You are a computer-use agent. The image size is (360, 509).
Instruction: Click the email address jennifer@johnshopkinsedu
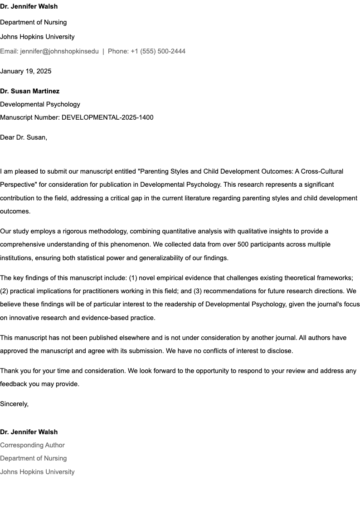[59, 51]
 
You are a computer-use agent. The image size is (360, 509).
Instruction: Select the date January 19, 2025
[26, 71]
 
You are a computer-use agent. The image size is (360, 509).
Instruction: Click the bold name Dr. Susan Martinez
[30, 91]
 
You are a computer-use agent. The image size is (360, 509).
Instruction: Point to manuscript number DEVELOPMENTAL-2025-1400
[107, 117]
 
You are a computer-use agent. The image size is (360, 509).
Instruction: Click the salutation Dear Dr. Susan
[24, 137]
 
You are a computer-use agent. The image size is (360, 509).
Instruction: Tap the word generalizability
[155, 258]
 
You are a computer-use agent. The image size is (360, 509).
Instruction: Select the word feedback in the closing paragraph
[14, 384]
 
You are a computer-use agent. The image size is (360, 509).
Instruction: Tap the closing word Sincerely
[14, 404]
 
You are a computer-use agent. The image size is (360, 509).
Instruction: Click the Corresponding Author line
[33, 445]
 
